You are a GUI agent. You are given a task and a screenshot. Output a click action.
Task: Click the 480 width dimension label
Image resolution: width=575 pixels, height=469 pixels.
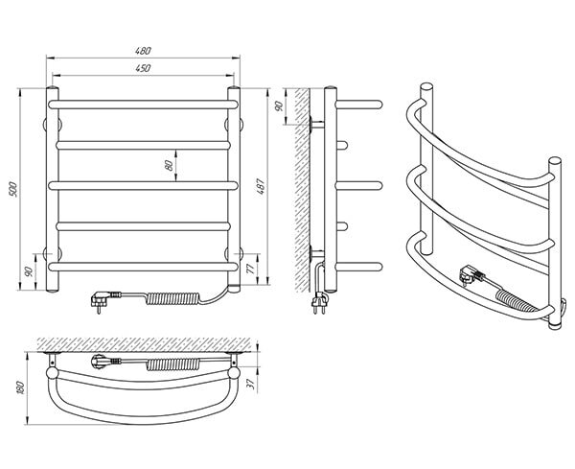tap(143, 51)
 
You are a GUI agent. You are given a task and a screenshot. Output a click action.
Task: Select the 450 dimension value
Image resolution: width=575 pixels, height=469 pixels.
tap(143, 68)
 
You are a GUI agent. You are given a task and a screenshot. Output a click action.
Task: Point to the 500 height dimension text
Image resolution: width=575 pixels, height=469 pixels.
tap(12, 189)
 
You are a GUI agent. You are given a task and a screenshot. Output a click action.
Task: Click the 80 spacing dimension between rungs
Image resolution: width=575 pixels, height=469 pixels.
tap(169, 166)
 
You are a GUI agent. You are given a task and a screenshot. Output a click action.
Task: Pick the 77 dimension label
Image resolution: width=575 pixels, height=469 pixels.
tap(251, 269)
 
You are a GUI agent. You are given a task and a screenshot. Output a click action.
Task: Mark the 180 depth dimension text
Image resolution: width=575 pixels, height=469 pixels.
tap(20, 387)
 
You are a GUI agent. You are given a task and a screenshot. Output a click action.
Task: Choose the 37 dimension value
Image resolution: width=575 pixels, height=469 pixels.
tap(251, 384)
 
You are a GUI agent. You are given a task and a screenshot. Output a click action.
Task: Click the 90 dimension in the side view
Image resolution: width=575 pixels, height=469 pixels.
tap(279, 106)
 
